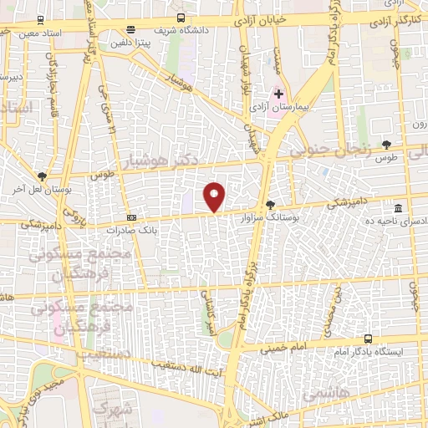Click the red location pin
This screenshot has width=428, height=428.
click(x=215, y=197)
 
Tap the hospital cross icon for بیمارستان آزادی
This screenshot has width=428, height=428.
click(x=279, y=94)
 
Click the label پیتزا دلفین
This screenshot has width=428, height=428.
click(x=135, y=40)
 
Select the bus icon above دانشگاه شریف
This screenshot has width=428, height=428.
click(x=181, y=17)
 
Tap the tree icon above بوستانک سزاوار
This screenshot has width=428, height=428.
click(x=269, y=203)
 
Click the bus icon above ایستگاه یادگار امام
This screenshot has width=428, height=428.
click(x=369, y=339)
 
